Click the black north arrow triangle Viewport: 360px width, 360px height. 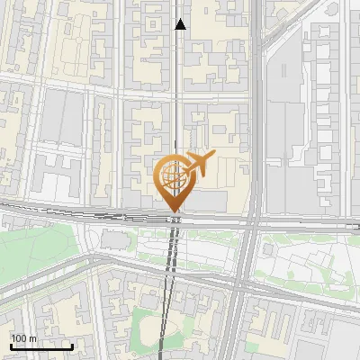click(180, 24)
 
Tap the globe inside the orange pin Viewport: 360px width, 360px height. click(172, 175)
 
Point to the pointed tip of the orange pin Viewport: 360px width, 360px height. click(172, 211)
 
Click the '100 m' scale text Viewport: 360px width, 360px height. click(23, 337)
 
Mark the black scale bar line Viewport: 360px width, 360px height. click(41, 346)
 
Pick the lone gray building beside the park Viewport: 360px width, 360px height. click(114, 239)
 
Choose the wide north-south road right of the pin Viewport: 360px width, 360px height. click(255, 135)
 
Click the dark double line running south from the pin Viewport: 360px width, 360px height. click(171, 270)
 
